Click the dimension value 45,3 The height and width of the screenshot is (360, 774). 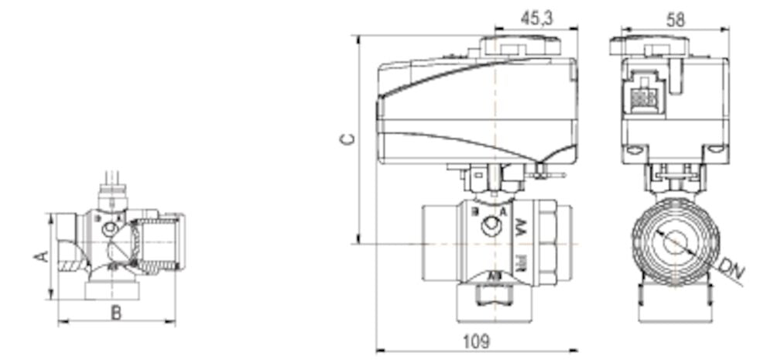(536, 19)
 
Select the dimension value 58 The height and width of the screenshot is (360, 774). (676, 19)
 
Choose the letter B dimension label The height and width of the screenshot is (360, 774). (116, 314)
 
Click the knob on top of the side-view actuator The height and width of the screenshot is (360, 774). (519, 46)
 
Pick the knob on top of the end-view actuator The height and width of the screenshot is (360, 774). (649, 46)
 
